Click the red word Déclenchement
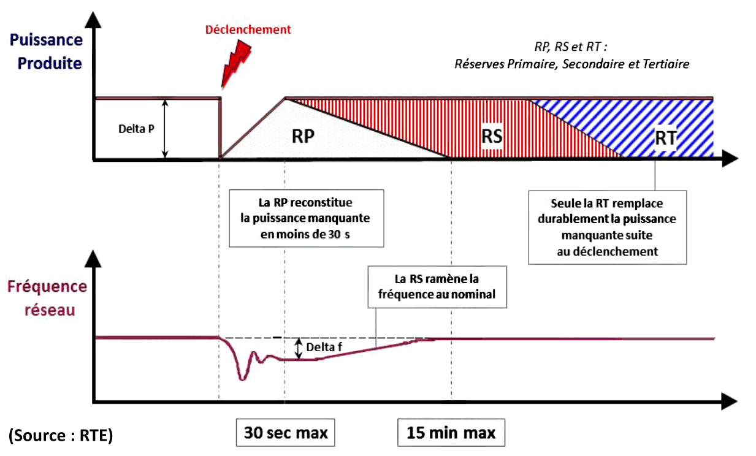coord(248,29)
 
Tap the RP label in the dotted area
coord(303,136)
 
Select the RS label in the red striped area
coord(492,136)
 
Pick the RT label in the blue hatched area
coord(665,138)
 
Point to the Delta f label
coord(324,348)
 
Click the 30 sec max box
coord(286,433)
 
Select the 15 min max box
coord(451,433)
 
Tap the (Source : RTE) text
coord(61,435)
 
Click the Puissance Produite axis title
coord(47,52)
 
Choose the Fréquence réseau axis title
coord(47,298)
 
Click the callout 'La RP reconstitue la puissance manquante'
coord(306,218)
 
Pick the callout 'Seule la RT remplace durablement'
coord(608,227)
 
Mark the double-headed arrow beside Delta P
coord(165,129)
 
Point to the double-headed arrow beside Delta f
coord(299,348)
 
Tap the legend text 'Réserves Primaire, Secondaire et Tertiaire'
coord(571,64)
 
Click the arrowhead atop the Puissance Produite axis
coord(93,19)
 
